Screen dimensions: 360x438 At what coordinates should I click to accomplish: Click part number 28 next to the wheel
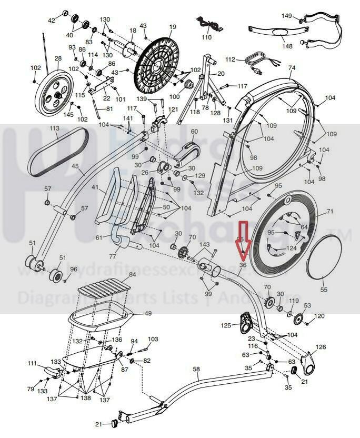pyautogui.click(x=58, y=59)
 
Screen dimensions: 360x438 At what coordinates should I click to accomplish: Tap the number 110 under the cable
pyautogui.click(x=206, y=37)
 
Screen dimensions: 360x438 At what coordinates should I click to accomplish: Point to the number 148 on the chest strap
pyautogui.click(x=287, y=46)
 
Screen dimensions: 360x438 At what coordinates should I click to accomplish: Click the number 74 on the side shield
pyautogui.click(x=292, y=68)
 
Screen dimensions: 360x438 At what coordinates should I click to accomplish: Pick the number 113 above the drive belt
pyautogui.click(x=54, y=128)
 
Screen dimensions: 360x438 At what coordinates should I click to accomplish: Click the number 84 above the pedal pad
pyautogui.click(x=132, y=275)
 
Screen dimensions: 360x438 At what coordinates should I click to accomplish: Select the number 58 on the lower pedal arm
pyautogui.click(x=196, y=370)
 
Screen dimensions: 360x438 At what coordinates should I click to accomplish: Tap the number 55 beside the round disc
pyautogui.click(x=324, y=290)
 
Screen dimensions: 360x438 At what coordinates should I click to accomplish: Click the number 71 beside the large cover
pyautogui.click(x=330, y=212)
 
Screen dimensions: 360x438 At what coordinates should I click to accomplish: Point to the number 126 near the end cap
pyautogui.click(x=321, y=347)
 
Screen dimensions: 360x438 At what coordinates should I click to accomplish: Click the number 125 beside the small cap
pyautogui.click(x=225, y=326)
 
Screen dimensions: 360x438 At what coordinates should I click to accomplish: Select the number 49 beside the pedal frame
pyautogui.click(x=148, y=313)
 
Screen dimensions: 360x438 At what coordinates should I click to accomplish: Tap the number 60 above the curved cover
pyautogui.click(x=194, y=132)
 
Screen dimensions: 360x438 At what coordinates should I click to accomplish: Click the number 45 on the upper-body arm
pyautogui.click(x=75, y=166)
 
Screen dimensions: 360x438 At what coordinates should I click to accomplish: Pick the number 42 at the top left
pyautogui.click(x=52, y=21)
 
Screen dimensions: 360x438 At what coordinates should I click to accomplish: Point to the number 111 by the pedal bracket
pyautogui.click(x=32, y=364)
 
